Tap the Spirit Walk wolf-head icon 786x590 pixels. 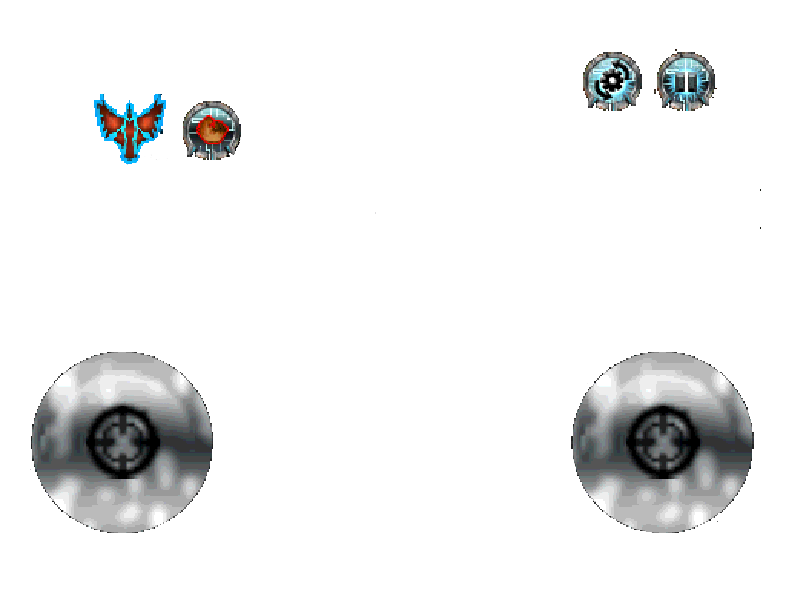(130, 128)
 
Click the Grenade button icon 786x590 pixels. (211, 131)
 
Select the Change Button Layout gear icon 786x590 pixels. (612, 81)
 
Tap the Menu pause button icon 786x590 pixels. (685, 81)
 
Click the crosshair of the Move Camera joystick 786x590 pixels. (663, 441)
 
